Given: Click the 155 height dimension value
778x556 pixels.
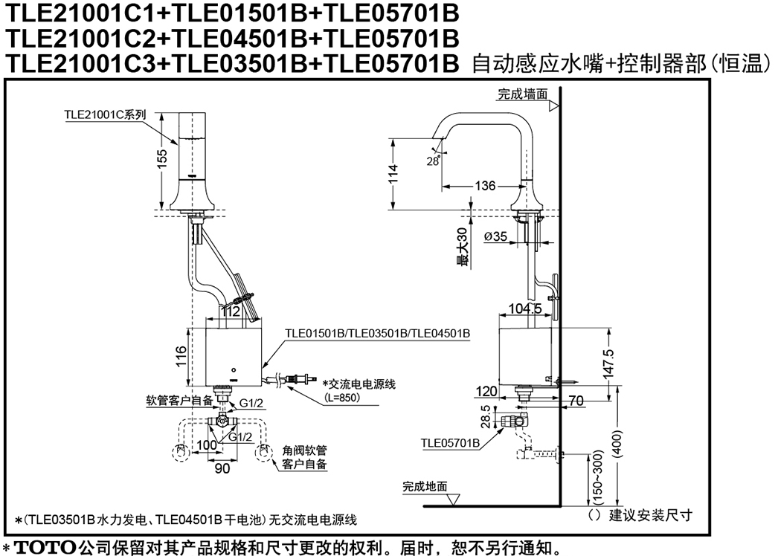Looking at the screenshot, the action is coord(163,159).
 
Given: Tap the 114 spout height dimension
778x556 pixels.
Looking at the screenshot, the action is coord(393,174).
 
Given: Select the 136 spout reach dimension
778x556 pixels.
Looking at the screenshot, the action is coord(485,186).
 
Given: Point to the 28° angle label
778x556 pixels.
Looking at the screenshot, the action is coord(433,161).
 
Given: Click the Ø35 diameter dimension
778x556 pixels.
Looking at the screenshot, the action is coord(495,236).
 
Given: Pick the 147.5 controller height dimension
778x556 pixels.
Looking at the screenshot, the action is coord(610,363).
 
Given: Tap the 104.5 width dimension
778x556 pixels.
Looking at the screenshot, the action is coord(525,309).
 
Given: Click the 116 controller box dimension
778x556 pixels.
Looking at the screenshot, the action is coord(181,356).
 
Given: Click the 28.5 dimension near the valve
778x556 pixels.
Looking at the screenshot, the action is coord(486,416).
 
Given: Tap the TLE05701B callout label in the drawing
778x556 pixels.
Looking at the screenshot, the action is coord(450,443).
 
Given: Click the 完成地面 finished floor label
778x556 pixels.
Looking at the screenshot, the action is coord(425,487).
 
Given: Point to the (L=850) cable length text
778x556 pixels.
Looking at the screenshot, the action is coord(343,397).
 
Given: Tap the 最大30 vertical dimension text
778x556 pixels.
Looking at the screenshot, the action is coord(463,248).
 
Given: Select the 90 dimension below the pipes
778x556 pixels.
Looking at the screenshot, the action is coord(222,468).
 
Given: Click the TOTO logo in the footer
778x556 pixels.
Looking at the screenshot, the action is coord(45,548).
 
